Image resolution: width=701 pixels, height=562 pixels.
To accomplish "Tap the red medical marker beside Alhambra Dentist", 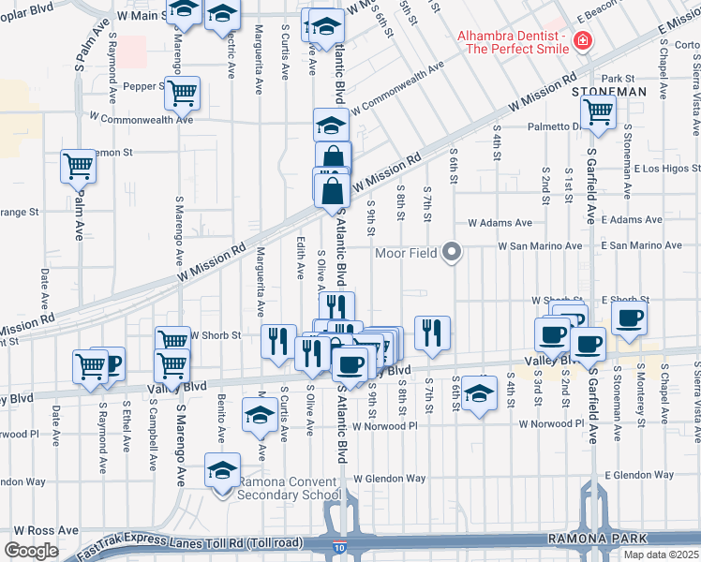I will pos(582,41).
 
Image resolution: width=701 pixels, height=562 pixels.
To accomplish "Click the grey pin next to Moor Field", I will pos(453,253).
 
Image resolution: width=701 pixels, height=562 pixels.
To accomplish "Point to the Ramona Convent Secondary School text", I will pos(289,489).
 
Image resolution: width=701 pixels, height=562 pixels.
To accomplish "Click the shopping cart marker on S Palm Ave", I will pos(79,166).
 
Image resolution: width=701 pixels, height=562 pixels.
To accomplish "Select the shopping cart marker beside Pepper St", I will pos(184,93).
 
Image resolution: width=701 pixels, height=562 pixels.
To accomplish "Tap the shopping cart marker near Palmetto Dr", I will pos(598,111).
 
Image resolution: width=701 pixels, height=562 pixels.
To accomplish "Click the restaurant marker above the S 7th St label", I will pos(432,333).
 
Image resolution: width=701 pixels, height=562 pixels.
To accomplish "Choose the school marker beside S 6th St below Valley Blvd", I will pos(479,392).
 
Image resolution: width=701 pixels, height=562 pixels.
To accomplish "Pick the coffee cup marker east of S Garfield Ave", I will pos(629,316).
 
